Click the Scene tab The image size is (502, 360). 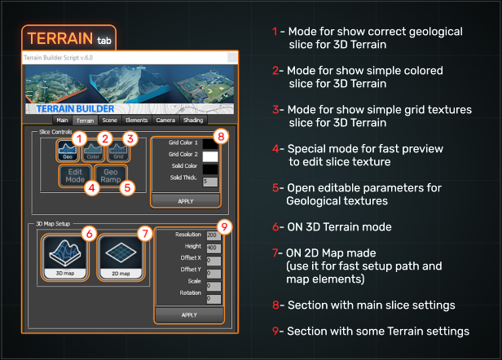click(109, 120)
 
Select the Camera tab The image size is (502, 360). click(165, 120)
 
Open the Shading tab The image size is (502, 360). click(193, 120)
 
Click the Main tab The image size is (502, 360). click(62, 120)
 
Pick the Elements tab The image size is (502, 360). click(137, 120)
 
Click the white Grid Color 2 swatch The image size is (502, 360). click(210, 156)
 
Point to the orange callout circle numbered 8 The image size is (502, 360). click(220, 136)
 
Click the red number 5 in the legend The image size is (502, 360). click(276, 188)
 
